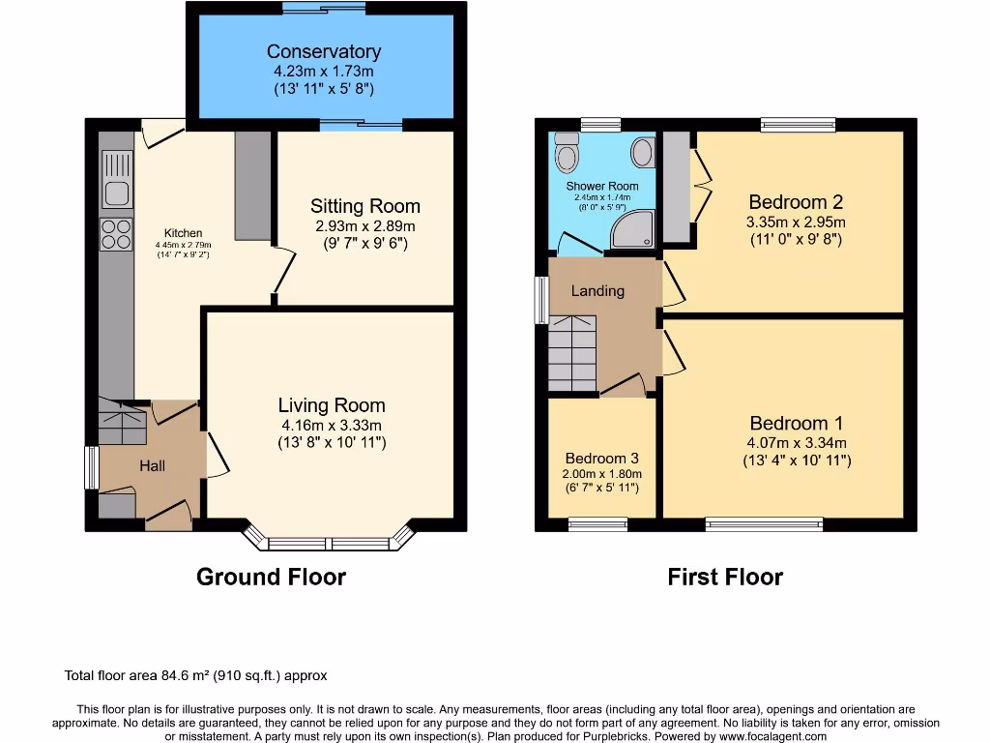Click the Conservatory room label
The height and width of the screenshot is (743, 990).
(324, 52)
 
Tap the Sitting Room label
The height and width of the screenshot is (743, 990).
(364, 206)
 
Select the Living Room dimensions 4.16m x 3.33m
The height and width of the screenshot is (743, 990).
(331, 425)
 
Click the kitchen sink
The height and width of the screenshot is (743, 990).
(117, 193)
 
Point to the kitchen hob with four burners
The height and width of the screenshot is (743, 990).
(117, 235)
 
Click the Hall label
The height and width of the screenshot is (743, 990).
(152, 465)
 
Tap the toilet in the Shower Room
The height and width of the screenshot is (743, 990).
(568, 155)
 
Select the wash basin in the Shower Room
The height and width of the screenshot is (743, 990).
(642, 152)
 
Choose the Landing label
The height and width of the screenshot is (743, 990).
(597, 290)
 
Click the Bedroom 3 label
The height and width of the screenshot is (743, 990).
(601, 458)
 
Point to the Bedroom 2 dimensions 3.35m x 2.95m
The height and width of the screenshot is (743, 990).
(796, 222)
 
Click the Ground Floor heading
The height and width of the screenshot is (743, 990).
(271, 578)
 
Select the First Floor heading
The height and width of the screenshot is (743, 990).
(725, 578)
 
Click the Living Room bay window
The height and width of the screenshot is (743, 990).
(330, 541)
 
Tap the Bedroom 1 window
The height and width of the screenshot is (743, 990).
(764, 524)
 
